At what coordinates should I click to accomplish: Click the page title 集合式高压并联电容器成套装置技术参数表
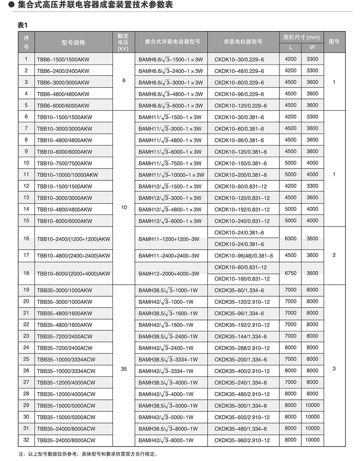tap(95, 5)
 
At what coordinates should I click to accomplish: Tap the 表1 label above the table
tap(23, 25)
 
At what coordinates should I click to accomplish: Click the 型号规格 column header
tap(74, 42)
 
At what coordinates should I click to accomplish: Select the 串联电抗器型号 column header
tap(243, 42)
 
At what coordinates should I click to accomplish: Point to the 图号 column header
tap(334, 42)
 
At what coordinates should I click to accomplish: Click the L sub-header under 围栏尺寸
tap(291, 48)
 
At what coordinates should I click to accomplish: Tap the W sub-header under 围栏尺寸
tap(312, 48)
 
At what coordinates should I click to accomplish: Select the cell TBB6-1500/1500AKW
tap(63, 59)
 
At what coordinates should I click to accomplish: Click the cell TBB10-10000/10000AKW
tap(67, 175)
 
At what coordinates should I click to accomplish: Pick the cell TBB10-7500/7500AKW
tap(64, 163)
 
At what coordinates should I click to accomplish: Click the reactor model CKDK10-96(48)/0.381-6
tap(244, 256)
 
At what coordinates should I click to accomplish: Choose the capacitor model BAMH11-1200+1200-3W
tap(169, 239)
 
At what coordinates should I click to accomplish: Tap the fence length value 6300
tap(291, 239)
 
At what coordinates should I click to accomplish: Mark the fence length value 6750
tap(291, 273)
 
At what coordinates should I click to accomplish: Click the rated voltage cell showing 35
tap(124, 369)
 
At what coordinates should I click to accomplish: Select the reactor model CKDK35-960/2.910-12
tap(242, 440)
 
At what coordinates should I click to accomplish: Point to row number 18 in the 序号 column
tap(26, 273)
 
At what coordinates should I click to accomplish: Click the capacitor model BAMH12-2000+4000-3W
tap(169, 273)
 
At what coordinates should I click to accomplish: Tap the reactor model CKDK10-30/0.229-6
tap(239, 59)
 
